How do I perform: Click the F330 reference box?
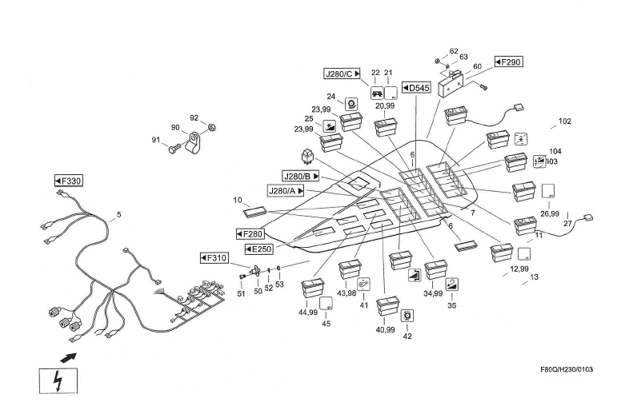[69, 181]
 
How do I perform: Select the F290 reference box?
[508, 62]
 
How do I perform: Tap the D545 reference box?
[416, 87]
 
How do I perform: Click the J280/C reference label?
[342, 74]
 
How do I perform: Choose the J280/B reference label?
[301, 175]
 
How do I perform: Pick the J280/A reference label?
[286, 190]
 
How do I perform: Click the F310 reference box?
[215, 258]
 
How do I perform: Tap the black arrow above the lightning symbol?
[70, 356]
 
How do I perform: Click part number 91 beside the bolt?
[157, 141]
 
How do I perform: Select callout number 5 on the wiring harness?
[119, 214]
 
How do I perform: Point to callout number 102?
[565, 121]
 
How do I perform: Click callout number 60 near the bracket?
[477, 67]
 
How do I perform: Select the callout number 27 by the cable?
[569, 225]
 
